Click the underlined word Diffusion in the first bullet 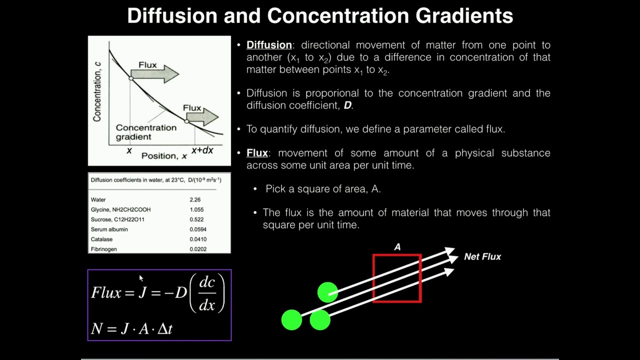pos(269,45)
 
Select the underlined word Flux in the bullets pos(257,153)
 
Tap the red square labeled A pos(397,278)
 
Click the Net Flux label pos(482,256)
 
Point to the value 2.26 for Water pos(195,199)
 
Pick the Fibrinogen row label pos(104,249)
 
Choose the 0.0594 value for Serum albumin pos(198,229)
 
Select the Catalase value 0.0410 pos(198,239)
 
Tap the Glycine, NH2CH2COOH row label pos(120,209)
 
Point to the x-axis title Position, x pos(164,156)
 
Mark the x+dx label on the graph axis pos(202,150)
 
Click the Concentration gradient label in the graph pos(146,132)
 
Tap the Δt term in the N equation pos(164,328)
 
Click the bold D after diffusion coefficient pos(347,105)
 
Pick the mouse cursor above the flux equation pos(141,278)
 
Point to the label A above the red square pos(397,247)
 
